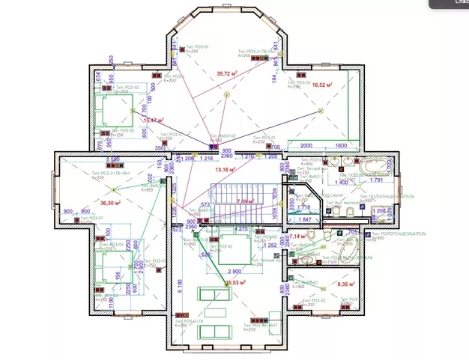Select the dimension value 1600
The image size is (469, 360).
click(x=342, y=145)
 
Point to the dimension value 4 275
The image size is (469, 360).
click(x=240, y=228)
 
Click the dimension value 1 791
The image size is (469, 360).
click(x=376, y=180)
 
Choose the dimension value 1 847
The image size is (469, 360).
click(x=304, y=219)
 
